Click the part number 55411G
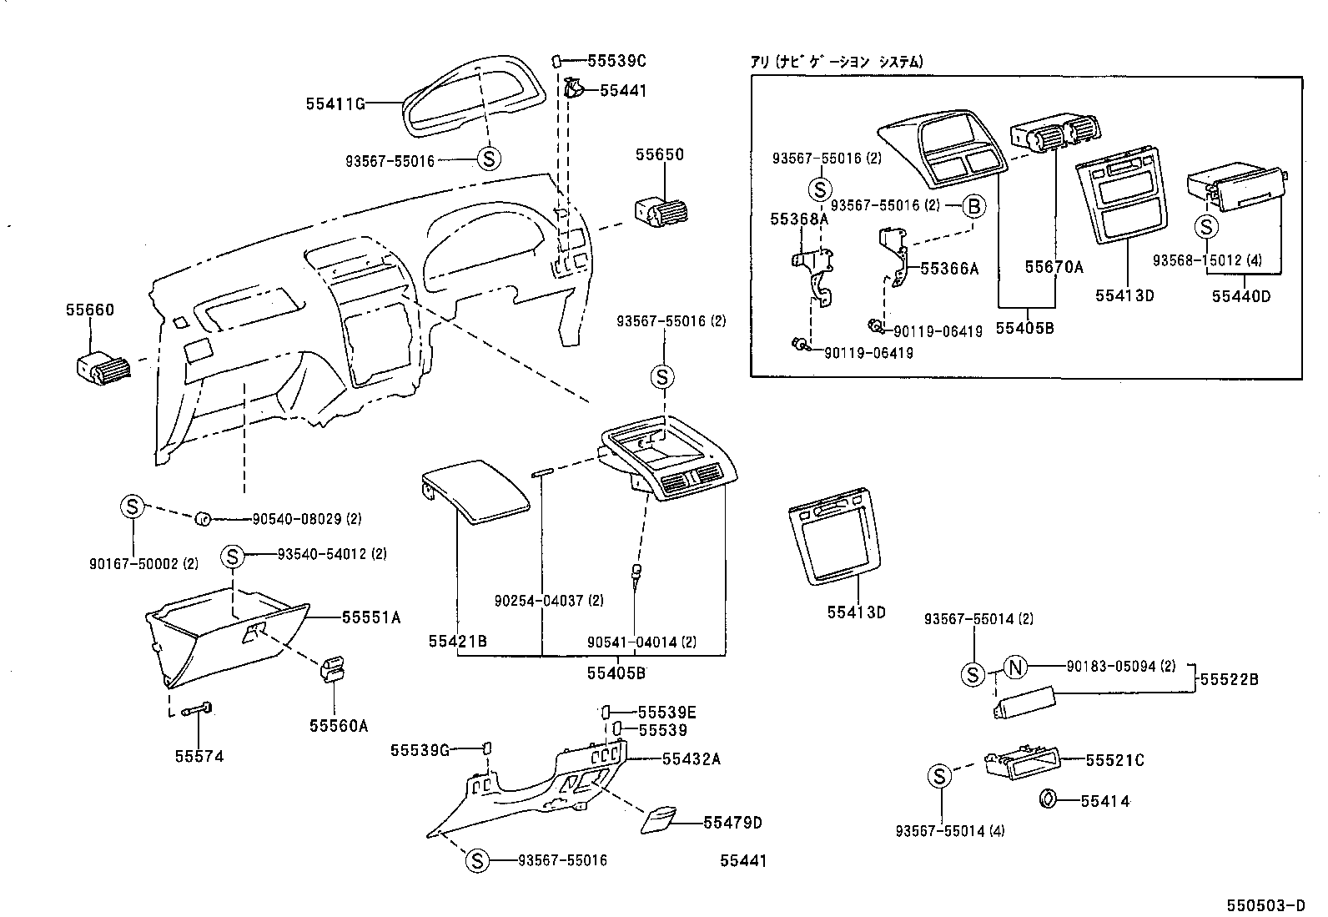click(335, 104)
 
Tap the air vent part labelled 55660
click(102, 370)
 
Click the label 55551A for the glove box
click(371, 617)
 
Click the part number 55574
click(199, 757)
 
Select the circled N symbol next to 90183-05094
click(1014, 667)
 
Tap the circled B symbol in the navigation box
click(973, 206)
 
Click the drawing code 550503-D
click(1265, 905)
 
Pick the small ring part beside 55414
click(1047, 800)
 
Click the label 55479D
click(732, 823)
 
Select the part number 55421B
click(458, 641)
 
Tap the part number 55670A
click(1054, 267)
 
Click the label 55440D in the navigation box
click(1241, 295)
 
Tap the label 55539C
click(616, 61)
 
